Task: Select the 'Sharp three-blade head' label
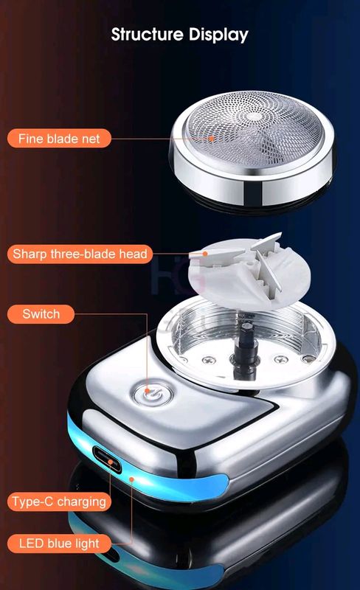[80, 254]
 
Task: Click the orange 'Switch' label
[41, 314]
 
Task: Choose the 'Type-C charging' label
[60, 502]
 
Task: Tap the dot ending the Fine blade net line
[212, 137]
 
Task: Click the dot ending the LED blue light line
[132, 479]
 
